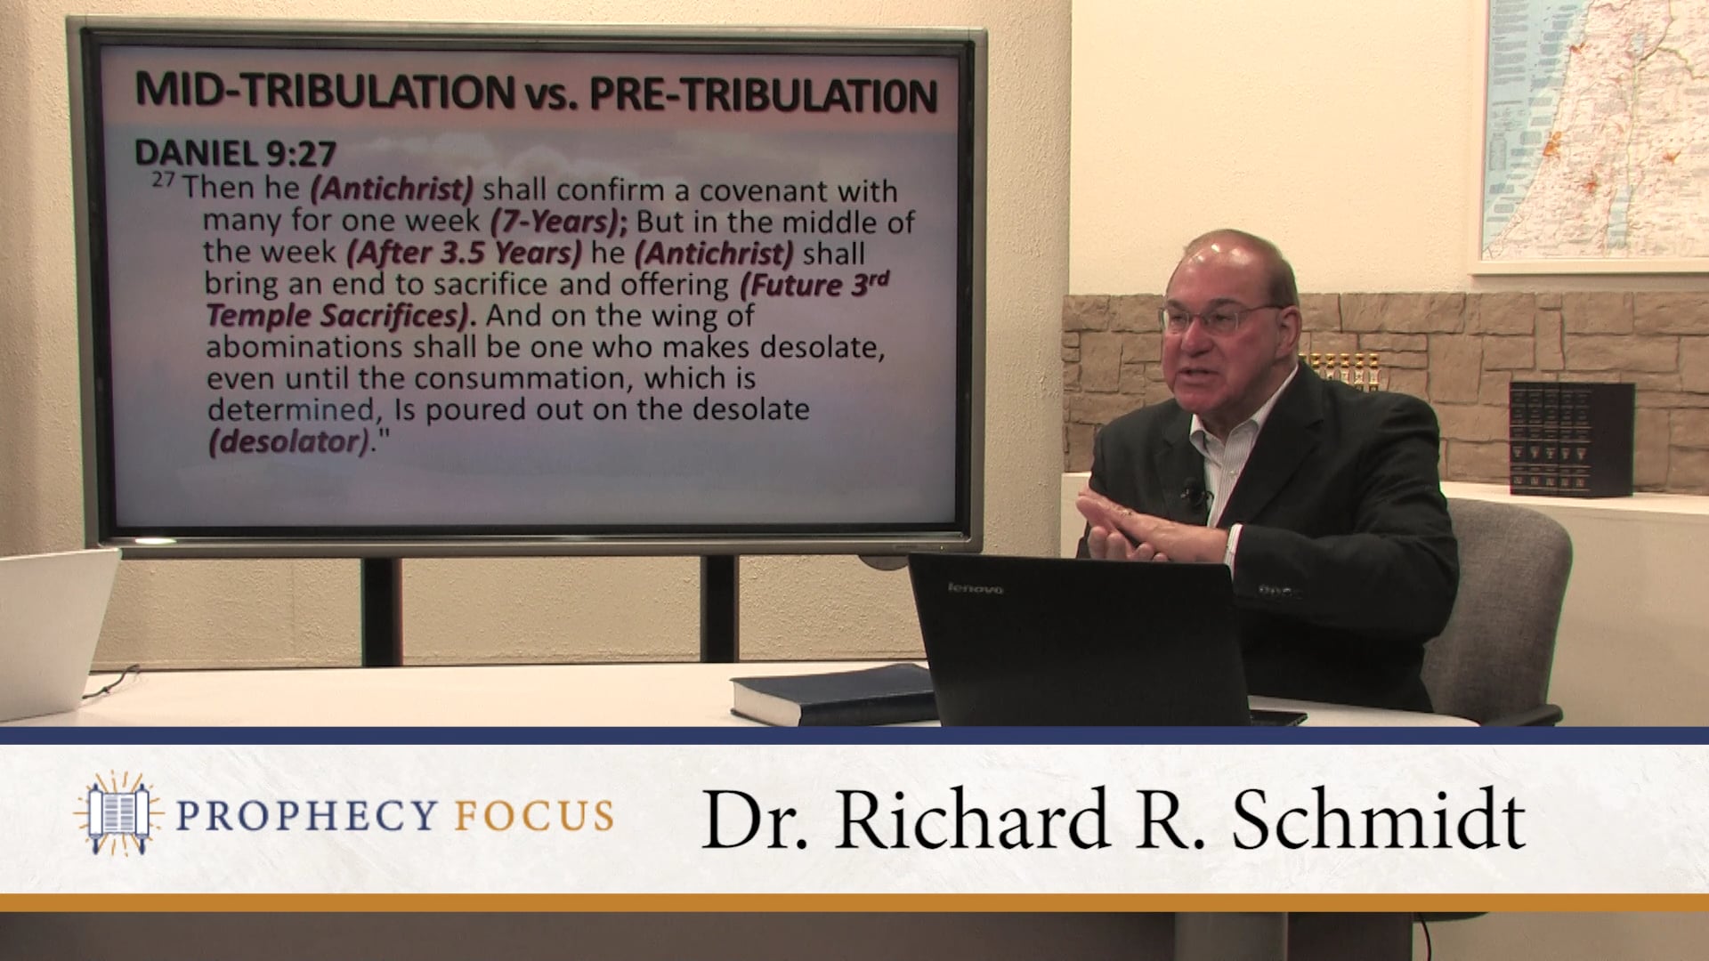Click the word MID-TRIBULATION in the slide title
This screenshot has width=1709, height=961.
324,92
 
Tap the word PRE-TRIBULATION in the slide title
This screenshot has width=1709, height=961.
763,94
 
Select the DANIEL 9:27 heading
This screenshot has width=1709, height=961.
235,153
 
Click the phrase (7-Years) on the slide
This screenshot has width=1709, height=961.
559,222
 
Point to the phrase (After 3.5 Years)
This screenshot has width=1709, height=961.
464,253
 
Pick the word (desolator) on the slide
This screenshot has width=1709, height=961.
289,441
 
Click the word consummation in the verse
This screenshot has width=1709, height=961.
524,378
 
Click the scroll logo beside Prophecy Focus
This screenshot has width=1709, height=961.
117,814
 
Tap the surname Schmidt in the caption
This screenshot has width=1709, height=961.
1378,820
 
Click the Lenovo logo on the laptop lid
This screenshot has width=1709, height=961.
976,588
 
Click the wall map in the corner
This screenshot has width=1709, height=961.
1593,133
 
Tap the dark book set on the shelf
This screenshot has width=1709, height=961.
1571,438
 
